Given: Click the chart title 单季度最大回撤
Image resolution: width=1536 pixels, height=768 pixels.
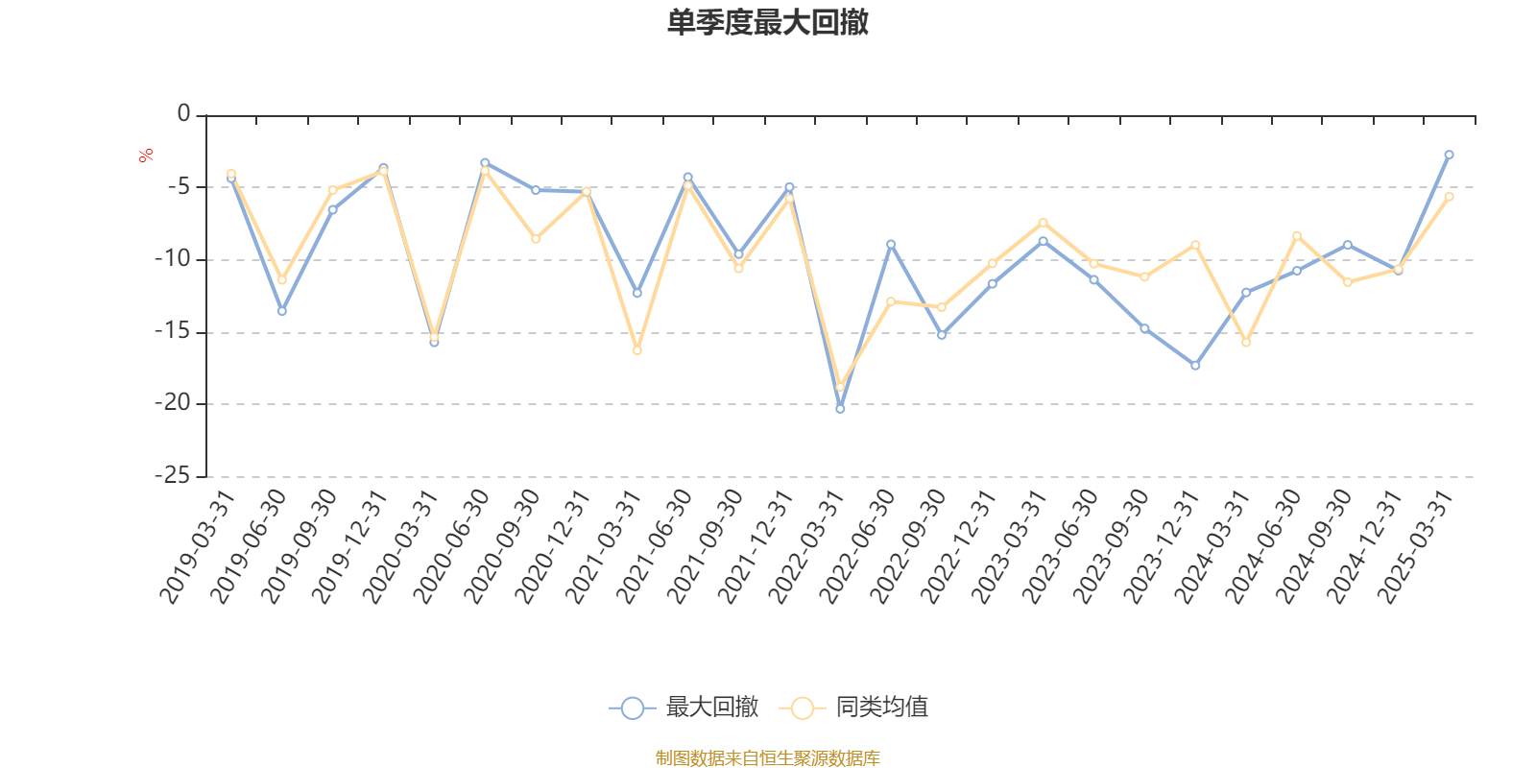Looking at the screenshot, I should (767, 23).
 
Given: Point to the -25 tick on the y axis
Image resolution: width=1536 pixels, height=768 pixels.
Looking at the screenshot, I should (173, 475).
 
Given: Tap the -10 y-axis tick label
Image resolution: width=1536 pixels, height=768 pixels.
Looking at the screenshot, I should (173, 259).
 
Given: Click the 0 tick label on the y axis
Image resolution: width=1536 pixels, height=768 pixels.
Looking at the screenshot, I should (184, 114).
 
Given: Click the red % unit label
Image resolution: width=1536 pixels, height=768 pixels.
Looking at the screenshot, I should (146, 156).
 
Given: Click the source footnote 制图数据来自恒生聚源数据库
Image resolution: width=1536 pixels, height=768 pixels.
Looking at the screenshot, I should (767, 758).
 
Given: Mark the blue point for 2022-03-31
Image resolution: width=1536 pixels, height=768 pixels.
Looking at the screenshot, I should (840, 409).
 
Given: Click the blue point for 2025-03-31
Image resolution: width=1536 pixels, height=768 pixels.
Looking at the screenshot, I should (1449, 155).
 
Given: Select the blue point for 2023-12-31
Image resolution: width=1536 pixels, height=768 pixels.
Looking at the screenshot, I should (1195, 366).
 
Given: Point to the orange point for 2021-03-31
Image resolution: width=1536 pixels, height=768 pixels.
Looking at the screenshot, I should (636, 350).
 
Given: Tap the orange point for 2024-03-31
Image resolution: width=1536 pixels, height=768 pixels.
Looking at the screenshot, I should (1246, 343).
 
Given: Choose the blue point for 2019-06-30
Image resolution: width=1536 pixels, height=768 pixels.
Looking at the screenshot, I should (281, 311).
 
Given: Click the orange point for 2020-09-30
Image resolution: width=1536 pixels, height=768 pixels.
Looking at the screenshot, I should (536, 238).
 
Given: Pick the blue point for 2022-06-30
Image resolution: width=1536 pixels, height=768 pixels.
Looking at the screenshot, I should (891, 244).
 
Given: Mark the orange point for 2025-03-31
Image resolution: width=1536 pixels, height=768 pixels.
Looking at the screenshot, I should (1449, 196).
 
